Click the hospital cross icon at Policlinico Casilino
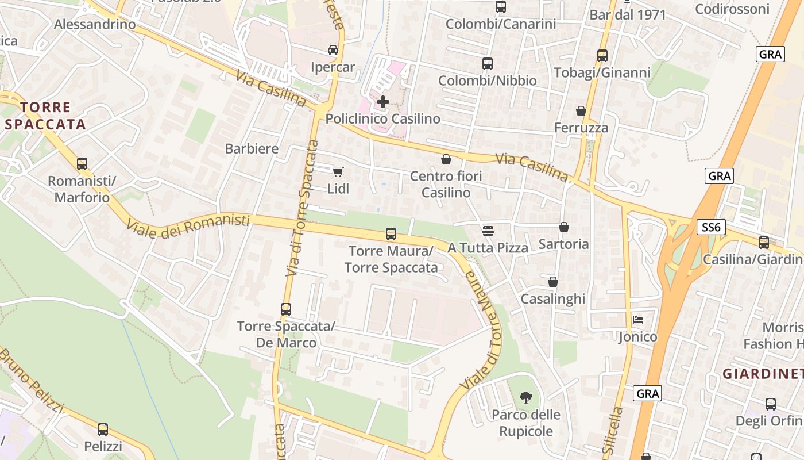tap(383, 102)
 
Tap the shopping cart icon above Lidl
tap(338, 172)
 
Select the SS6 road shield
tap(711, 227)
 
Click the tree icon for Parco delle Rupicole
tap(525, 397)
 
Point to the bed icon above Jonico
tap(637, 320)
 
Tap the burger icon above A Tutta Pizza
tap(488, 231)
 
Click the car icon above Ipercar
tap(333, 50)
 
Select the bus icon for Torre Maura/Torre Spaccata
tap(391, 234)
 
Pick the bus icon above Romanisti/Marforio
tap(82, 164)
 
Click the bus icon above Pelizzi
tap(103, 430)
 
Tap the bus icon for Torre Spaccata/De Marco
tap(286, 309)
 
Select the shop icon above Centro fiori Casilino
tap(446, 159)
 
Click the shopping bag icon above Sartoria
tap(564, 228)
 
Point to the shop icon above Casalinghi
tap(553, 282)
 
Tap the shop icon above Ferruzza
tap(581, 111)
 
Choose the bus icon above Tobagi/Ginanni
tap(602, 56)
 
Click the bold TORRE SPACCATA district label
tap(45, 116)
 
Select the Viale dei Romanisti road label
tap(188, 226)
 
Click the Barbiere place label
tap(252, 148)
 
